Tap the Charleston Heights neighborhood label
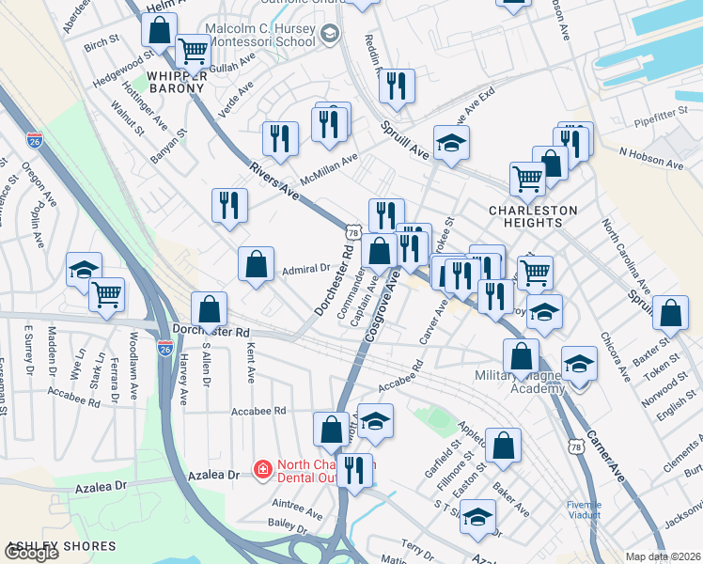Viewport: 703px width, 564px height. [525, 216]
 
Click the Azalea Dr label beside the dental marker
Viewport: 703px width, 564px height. [214, 476]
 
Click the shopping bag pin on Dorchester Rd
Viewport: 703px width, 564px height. [209, 308]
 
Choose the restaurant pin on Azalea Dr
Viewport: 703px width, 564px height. [353, 470]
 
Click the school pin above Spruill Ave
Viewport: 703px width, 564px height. [451, 144]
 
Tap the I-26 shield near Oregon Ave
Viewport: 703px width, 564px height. [35, 141]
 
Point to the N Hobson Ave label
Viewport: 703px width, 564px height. [651, 158]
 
